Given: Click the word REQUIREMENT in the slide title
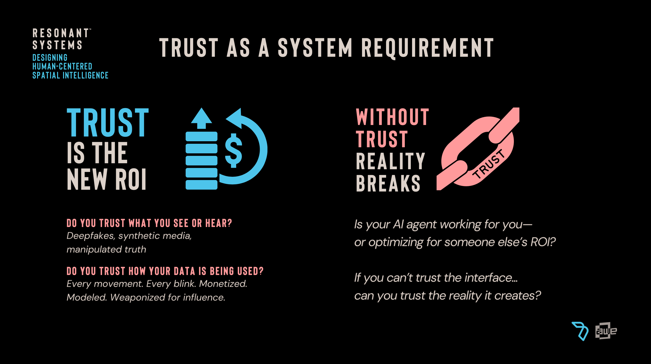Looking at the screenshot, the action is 427,48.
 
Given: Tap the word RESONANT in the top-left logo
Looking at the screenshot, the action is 61,33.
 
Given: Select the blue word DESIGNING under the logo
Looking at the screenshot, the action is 50,57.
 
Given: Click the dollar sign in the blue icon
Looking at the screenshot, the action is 233,150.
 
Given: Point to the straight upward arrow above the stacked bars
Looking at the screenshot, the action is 201,118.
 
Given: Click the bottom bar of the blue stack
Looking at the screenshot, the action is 201,185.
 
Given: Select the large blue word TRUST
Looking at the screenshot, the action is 108,123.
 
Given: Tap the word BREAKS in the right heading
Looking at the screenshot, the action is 388,183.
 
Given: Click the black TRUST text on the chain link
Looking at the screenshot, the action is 489,164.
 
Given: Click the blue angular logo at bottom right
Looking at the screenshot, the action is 580,331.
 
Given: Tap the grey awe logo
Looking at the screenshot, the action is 606,331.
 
